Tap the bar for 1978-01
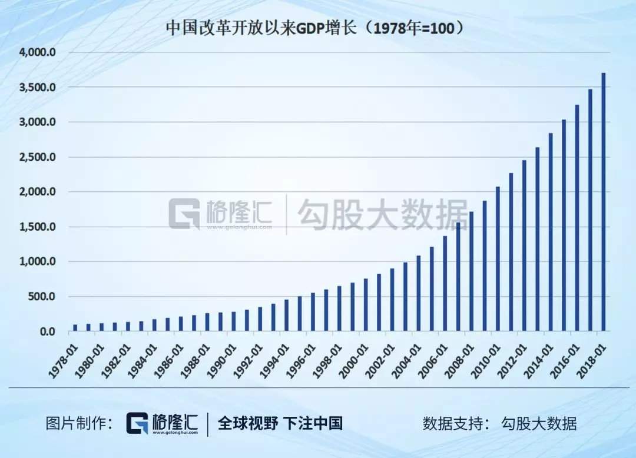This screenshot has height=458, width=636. click(x=75, y=328)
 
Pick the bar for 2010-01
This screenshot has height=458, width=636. click(x=498, y=259)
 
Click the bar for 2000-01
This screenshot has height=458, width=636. click(x=366, y=305)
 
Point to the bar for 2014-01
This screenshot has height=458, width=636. click(x=551, y=233)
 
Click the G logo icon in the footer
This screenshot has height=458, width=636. click(x=138, y=423)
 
